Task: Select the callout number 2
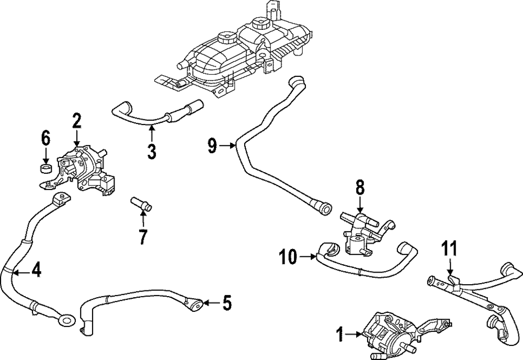(x=76, y=121)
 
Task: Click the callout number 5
(x=225, y=302)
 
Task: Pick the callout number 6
(x=46, y=139)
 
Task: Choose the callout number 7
(x=143, y=236)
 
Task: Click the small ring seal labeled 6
(x=46, y=168)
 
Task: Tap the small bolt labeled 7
(x=141, y=203)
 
